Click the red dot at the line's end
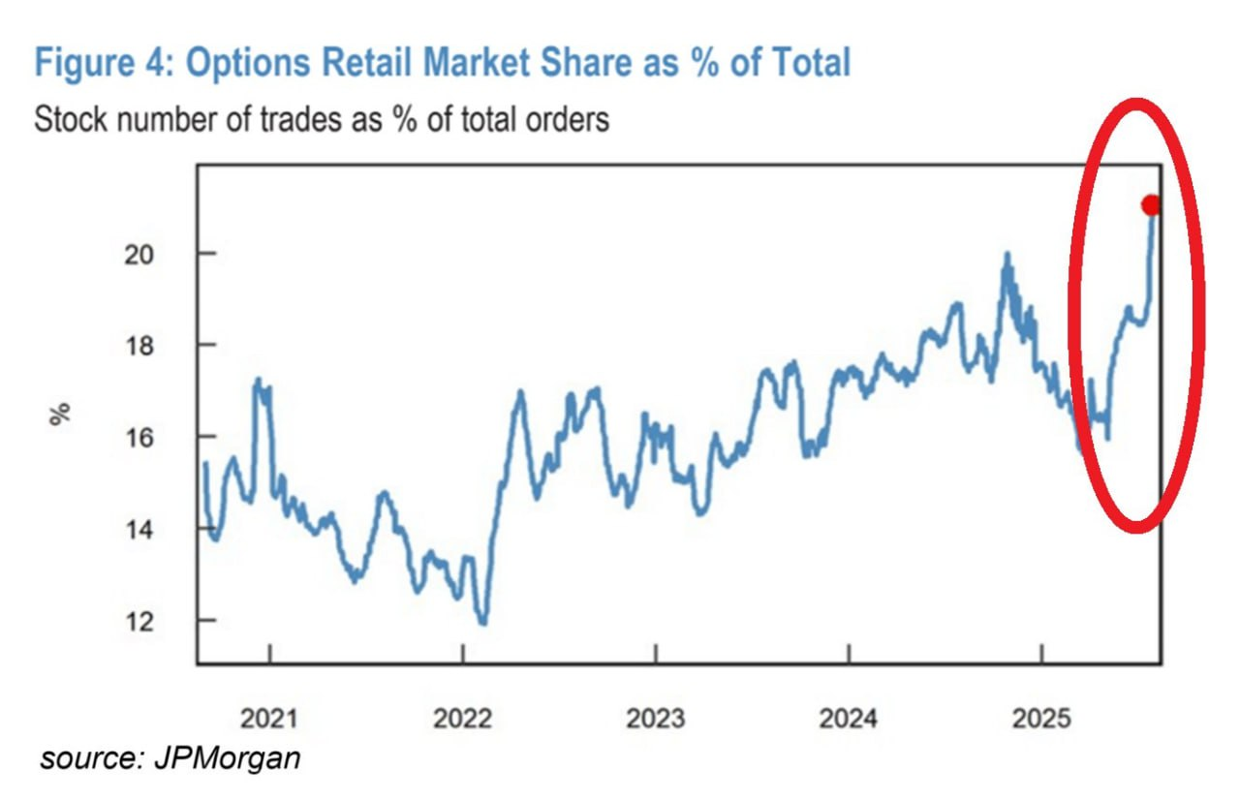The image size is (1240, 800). (x=1151, y=205)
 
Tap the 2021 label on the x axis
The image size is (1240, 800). (x=270, y=719)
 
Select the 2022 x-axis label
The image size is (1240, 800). (x=462, y=719)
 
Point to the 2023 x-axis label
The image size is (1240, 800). (x=656, y=719)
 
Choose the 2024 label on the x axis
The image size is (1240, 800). (x=848, y=719)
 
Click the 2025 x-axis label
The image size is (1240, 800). (x=1040, y=719)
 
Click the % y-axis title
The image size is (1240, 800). (x=61, y=414)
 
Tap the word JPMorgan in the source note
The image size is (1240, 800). (x=226, y=758)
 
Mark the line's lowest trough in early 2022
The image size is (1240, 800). (x=483, y=623)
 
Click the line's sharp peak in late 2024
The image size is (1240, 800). (x=1007, y=256)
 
